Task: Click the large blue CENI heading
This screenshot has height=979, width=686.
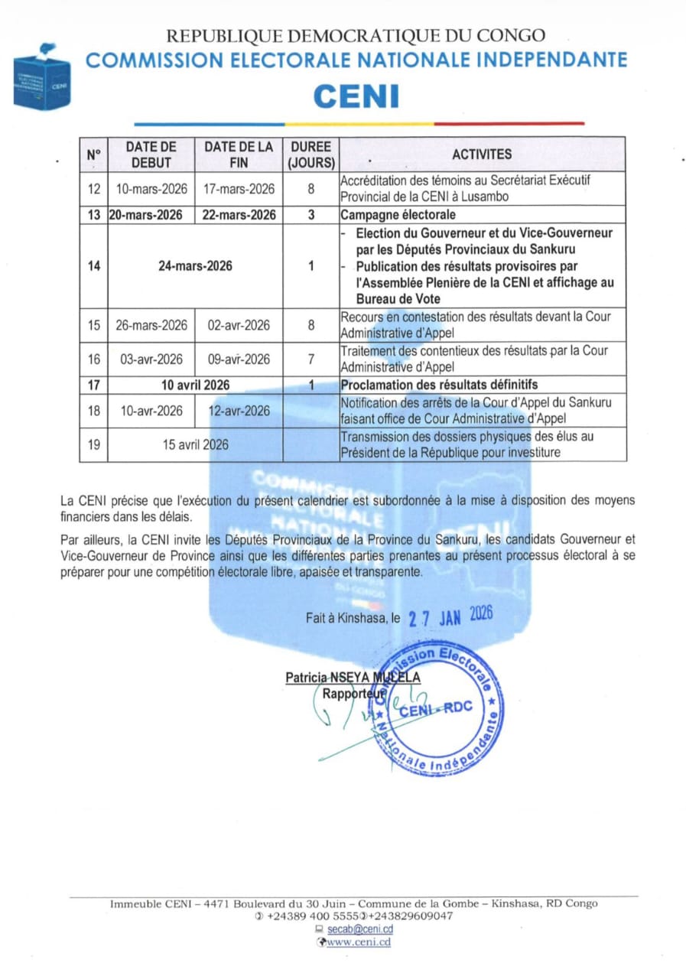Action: (356, 97)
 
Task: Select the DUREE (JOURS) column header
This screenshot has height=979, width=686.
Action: (311, 154)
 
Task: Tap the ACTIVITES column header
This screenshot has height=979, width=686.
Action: (482, 154)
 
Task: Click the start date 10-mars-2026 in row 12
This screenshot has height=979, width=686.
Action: (151, 188)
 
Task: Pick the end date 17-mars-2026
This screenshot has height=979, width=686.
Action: (239, 188)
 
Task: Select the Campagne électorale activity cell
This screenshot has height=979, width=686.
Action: (398, 215)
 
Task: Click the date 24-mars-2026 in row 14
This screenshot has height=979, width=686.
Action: (195, 266)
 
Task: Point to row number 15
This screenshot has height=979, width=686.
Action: (93, 325)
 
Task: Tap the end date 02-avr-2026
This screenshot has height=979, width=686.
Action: (239, 325)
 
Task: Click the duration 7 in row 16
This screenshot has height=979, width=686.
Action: (311, 359)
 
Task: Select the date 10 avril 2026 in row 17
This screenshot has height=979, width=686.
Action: (195, 385)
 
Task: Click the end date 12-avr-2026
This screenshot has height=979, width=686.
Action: (239, 411)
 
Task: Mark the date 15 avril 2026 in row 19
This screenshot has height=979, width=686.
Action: (195, 444)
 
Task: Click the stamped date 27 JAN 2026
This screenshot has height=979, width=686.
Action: (450, 616)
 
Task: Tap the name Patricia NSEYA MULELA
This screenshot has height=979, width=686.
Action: (353, 677)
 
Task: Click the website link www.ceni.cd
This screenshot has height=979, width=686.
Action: (358, 942)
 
